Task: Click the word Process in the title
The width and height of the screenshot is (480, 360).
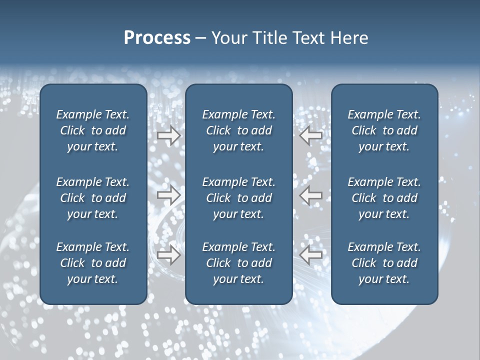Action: click(157, 38)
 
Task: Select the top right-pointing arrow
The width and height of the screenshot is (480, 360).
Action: click(168, 135)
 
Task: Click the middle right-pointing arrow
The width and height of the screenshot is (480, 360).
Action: click(168, 195)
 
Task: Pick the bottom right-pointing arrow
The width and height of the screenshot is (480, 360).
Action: click(168, 255)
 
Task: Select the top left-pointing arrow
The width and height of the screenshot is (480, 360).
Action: click(310, 135)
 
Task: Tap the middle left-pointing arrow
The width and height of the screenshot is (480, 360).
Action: click(310, 195)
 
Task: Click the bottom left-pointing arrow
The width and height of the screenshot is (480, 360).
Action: click(310, 255)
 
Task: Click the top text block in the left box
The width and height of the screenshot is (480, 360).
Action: click(93, 130)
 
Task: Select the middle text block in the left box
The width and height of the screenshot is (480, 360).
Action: click(93, 198)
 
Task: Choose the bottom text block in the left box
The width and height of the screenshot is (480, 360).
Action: click(93, 263)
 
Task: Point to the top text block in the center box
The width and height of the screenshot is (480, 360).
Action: click(238, 130)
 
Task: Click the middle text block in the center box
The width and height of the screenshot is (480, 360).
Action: click(238, 198)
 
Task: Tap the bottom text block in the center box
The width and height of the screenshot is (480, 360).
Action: click(238, 263)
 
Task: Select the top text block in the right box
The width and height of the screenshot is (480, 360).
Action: click(384, 130)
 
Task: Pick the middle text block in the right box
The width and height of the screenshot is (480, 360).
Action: click(384, 198)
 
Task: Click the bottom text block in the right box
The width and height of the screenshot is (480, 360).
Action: click(384, 263)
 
